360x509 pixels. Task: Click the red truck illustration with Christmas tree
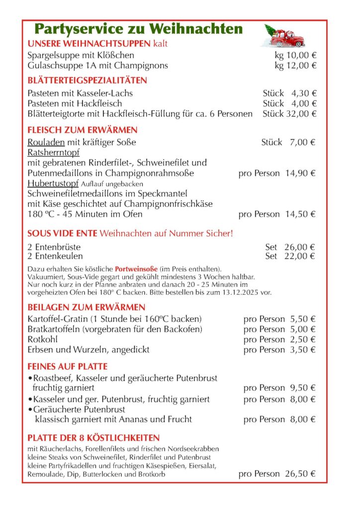coord(284,36)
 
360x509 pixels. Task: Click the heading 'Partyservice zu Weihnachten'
coord(139,29)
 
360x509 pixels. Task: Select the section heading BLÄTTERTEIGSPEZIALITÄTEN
coord(87,81)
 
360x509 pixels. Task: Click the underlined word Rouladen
coord(43,143)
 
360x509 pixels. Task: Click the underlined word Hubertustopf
coord(52,183)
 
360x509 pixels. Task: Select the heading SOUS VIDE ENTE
coord(62,233)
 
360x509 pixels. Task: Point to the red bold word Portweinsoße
coord(135,268)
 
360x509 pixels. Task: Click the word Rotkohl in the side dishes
coord(43,339)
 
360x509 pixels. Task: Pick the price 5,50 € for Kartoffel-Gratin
coord(302,319)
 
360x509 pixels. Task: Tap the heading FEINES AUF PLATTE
coord(67,367)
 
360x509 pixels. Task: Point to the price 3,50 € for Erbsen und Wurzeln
coord(302,349)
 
